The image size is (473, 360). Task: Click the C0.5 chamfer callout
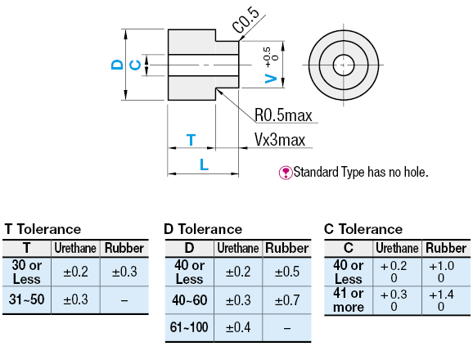click(x=246, y=24)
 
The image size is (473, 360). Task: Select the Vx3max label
click(x=279, y=140)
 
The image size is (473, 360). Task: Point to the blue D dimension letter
click(x=117, y=65)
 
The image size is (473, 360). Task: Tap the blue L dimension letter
click(x=204, y=165)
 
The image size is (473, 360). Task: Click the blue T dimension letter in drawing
click(x=191, y=140)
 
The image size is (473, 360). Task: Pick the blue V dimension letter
click(x=270, y=77)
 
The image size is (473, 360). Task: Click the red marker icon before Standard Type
click(x=286, y=173)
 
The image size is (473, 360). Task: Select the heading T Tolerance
click(x=43, y=229)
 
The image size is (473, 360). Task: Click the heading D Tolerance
click(x=203, y=229)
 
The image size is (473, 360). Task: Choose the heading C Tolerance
click(x=363, y=229)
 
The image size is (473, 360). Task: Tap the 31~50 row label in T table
click(x=27, y=300)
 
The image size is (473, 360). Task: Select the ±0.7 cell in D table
click(x=286, y=300)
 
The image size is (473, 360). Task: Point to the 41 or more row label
click(x=349, y=299)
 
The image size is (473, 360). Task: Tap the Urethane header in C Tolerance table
click(x=397, y=247)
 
